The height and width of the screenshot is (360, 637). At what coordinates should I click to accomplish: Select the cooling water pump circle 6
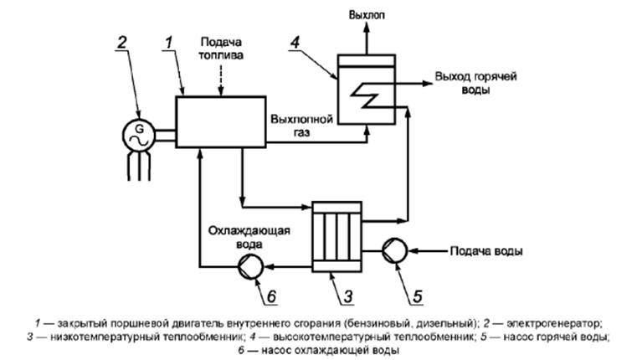249,266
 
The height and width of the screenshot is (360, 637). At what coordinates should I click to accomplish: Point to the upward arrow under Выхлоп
367,38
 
